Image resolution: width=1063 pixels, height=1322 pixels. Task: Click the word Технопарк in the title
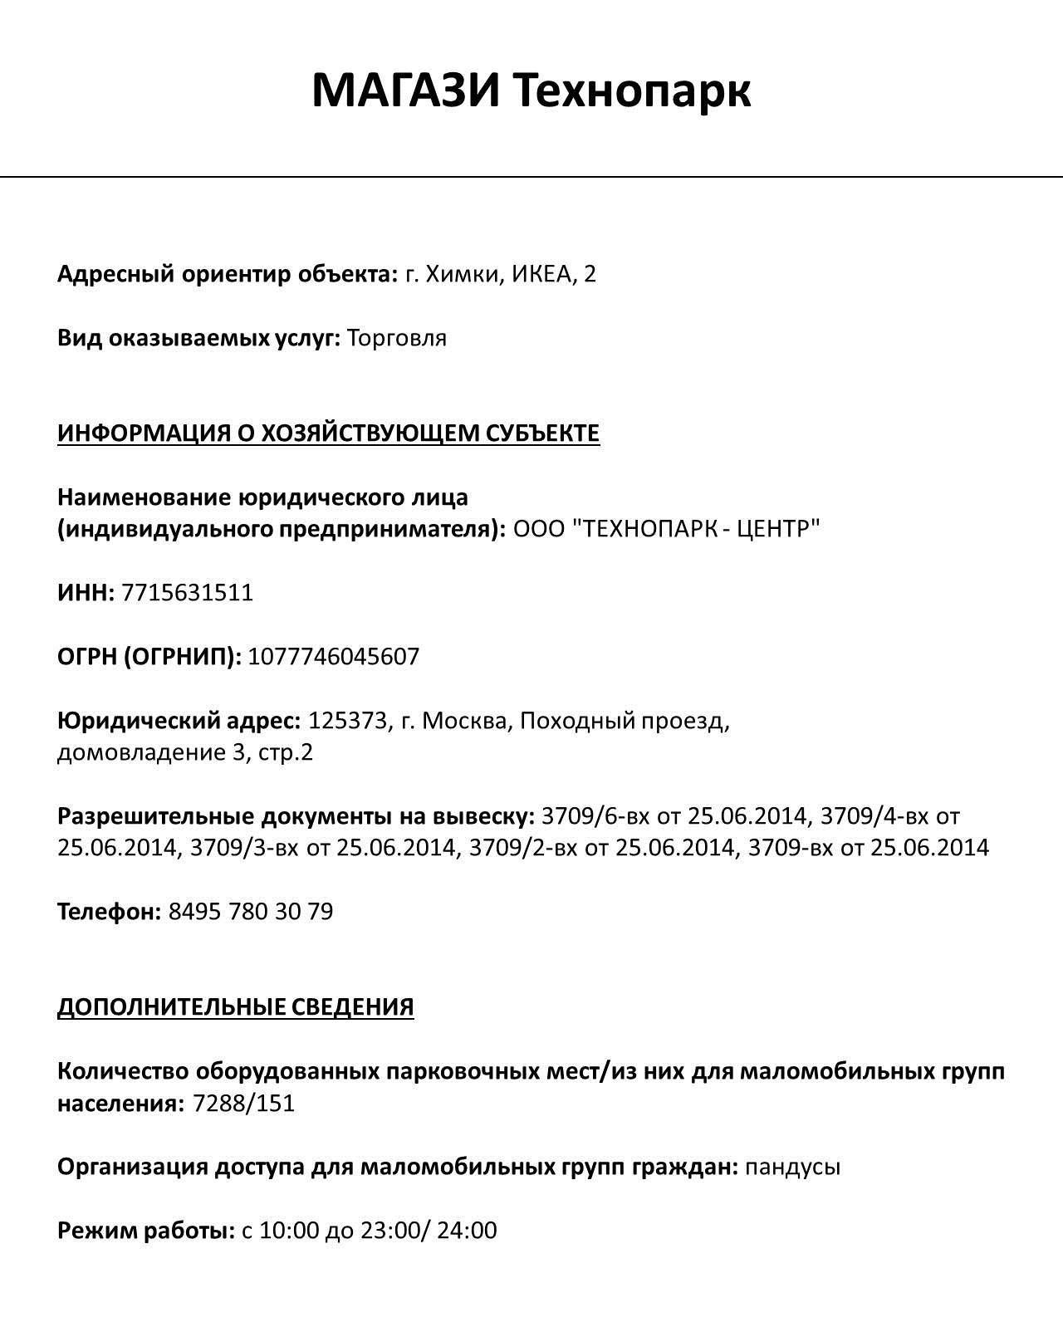(x=630, y=91)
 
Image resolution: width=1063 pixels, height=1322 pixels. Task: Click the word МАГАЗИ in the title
(x=406, y=91)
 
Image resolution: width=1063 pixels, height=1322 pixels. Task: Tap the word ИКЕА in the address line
(x=541, y=274)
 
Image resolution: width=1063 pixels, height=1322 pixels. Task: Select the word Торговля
(x=396, y=339)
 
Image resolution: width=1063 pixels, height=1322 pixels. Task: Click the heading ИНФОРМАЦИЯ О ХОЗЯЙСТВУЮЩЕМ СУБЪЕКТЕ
(x=328, y=433)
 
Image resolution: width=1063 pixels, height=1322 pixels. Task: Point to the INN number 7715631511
(x=187, y=593)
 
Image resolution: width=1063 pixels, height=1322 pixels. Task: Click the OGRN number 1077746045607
(x=334, y=657)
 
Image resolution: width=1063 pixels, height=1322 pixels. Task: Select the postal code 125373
(x=349, y=721)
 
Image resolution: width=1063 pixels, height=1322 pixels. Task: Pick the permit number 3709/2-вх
(x=523, y=848)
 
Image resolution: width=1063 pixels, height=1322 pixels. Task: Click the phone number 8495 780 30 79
(x=251, y=912)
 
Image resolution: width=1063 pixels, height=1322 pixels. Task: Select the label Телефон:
(x=109, y=912)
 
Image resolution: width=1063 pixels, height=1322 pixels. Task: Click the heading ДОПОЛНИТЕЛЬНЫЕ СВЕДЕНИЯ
(x=235, y=1007)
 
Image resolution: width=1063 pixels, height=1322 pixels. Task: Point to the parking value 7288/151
(x=243, y=1104)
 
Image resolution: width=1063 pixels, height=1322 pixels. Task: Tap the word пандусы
(x=793, y=1168)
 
